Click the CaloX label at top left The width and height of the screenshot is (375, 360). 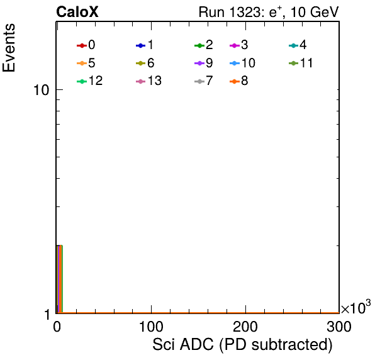pyautogui.click(x=77, y=12)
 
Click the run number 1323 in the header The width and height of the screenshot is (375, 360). pyautogui.click(x=245, y=12)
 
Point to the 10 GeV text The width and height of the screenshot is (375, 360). pyautogui.click(x=315, y=12)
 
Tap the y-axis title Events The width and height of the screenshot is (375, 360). pyautogui.click(x=9, y=48)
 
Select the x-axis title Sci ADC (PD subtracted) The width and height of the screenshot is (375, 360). pyautogui.click(x=242, y=345)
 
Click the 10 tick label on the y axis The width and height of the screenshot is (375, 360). pyautogui.click(x=42, y=90)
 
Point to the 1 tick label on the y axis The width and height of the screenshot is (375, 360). pyautogui.click(x=47, y=315)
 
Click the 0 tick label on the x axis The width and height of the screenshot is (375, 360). pyautogui.click(x=57, y=327)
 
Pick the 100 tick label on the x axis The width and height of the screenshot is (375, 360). pyautogui.click(x=151, y=327)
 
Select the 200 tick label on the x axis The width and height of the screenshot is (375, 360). pyautogui.click(x=245, y=327)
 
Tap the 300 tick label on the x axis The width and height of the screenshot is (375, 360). pyautogui.click(x=339, y=327)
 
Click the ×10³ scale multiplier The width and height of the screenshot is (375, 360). pyautogui.click(x=356, y=307)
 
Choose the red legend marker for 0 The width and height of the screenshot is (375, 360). pyautogui.click(x=82, y=45)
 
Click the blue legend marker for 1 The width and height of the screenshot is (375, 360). pyautogui.click(x=141, y=45)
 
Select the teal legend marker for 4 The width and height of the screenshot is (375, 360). pyautogui.click(x=293, y=45)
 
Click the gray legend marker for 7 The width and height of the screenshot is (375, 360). pyautogui.click(x=199, y=82)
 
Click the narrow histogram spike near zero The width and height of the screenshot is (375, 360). pyautogui.click(x=59, y=279)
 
